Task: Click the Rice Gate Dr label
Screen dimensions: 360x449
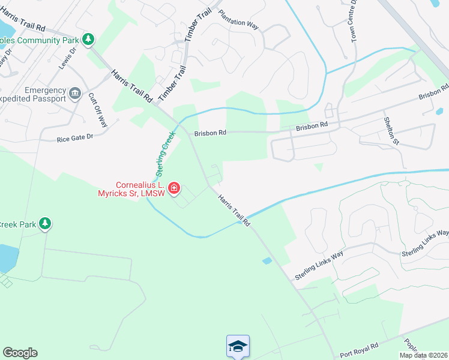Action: pyautogui.click(x=75, y=138)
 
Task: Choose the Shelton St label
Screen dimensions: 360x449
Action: pyautogui.click(x=391, y=131)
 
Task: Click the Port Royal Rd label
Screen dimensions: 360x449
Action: pyautogui.click(x=359, y=347)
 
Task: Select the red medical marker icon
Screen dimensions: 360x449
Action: pyautogui.click(x=174, y=189)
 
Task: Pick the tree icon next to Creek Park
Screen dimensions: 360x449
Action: pyautogui.click(x=45, y=224)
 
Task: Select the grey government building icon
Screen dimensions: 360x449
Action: pyautogui.click(x=75, y=93)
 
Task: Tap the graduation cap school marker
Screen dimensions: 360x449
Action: pyautogui.click(x=238, y=346)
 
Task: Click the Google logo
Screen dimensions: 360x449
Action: pyautogui.click(x=20, y=353)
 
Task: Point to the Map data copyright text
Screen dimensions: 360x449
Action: pyautogui.click(x=424, y=355)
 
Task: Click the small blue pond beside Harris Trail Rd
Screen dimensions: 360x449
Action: pyautogui.click(x=267, y=260)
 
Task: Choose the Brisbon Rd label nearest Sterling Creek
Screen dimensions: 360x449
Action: pyautogui.click(x=209, y=133)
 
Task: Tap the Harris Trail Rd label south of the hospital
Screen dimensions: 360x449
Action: pyautogui.click(x=234, y=209)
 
